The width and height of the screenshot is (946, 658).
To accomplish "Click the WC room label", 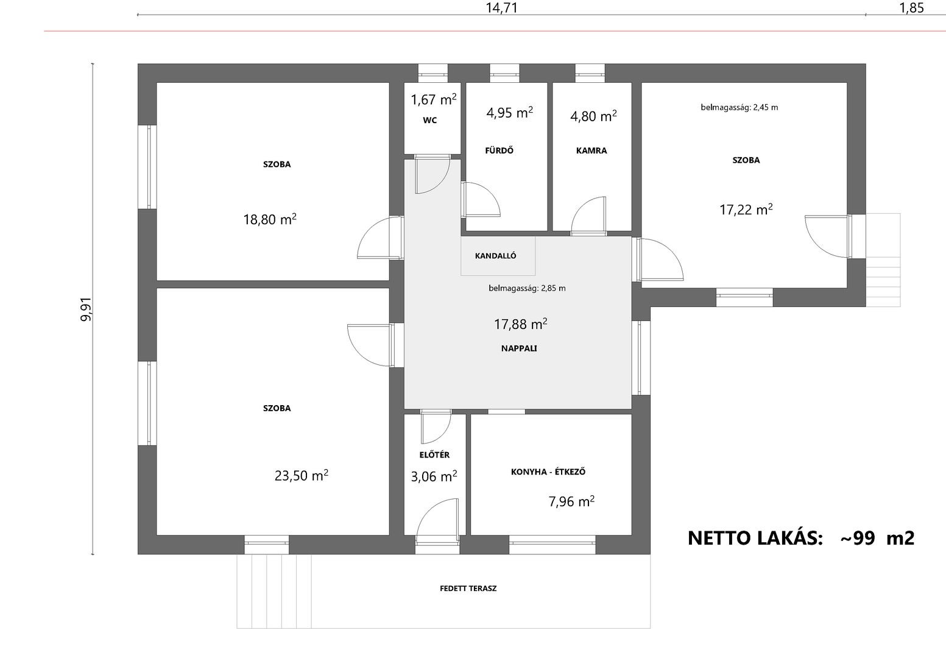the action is point(430,121).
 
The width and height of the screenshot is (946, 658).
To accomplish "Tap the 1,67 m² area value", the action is point(434,99).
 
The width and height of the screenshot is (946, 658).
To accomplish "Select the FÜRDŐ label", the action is point(499,150).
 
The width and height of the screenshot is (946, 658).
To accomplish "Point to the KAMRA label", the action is point(591,150).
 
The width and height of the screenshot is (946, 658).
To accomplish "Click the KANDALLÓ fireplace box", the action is point(498,256).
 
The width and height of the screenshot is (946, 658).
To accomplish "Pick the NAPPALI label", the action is point(519,348).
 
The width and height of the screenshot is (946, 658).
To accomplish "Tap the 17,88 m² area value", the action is point(521,324).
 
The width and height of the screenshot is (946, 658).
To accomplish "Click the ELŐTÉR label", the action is point(434,455).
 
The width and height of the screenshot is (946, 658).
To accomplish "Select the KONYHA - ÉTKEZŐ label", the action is point(548,472).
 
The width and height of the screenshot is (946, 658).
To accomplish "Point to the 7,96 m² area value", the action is point(571,501).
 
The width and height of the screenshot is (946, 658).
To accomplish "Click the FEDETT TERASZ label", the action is point(468,589).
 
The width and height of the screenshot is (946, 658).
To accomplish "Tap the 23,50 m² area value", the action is point(302,476).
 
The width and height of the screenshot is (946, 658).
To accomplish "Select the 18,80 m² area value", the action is point(270,219).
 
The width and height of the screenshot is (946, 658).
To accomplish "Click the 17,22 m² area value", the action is point(746,210).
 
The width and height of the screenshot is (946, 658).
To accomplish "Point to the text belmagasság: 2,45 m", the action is point(739,107).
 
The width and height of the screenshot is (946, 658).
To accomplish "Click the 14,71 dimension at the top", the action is point(502,8).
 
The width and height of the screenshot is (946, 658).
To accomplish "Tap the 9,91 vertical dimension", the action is point(86,309).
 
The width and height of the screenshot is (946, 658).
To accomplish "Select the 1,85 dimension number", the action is point(912,8).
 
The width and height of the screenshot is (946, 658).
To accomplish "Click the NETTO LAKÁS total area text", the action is point(801,538).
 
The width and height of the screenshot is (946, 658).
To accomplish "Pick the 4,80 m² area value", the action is point(593,116).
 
